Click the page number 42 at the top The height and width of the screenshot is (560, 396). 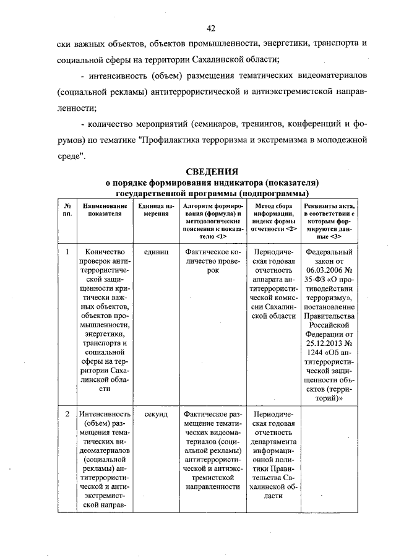[x=211, y=28]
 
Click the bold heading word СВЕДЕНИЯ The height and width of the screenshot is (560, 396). [x=212, y=171]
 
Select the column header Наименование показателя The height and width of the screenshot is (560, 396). [x=103, y=210]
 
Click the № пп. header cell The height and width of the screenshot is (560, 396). [x=66, y=210]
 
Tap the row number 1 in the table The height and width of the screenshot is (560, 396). [x=66, y=252]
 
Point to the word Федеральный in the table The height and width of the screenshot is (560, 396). [x=330, y=252]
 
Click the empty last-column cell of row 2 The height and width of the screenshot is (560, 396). [x=330, y=458]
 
